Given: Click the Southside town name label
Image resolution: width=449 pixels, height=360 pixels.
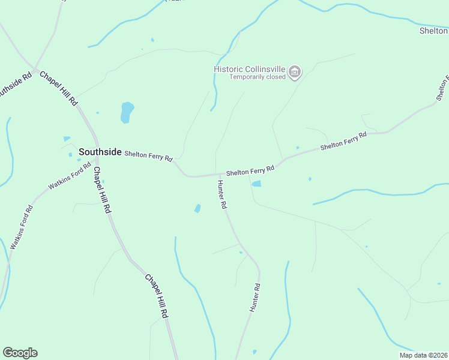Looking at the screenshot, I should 100,152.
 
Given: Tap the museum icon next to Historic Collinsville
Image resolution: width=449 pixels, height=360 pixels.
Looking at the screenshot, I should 295,73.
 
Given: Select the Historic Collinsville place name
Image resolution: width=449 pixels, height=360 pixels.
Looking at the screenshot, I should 250,69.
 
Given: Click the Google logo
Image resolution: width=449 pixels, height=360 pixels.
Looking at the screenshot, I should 20,353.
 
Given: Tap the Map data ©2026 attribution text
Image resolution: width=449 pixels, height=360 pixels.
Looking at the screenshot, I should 424,355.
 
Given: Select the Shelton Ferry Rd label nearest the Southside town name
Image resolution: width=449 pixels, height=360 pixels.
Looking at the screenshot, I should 148,156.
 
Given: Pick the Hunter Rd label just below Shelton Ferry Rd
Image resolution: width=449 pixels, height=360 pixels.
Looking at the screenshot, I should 222,194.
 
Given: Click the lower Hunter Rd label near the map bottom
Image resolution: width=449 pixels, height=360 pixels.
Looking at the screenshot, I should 255,297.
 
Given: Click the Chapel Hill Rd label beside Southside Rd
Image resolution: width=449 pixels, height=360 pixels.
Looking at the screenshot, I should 59,88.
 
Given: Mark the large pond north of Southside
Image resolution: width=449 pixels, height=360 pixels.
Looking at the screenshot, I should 127,112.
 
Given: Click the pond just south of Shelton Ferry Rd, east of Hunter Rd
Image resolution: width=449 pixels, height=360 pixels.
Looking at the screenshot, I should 256,184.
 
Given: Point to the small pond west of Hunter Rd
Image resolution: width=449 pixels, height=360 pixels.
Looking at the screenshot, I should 197,208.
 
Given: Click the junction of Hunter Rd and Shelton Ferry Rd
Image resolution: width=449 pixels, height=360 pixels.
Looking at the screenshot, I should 217,175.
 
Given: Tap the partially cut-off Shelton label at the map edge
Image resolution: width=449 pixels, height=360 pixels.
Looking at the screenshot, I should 433,31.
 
